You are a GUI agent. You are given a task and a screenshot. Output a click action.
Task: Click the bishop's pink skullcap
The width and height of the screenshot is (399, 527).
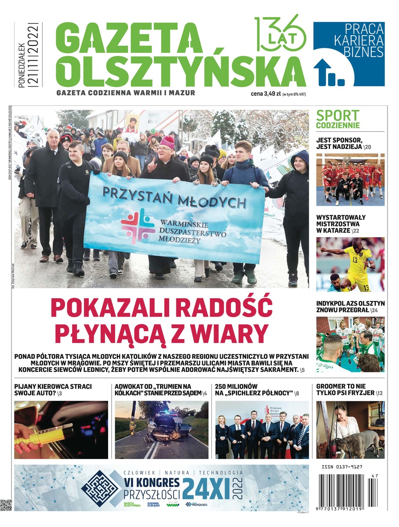(x=167, y=141)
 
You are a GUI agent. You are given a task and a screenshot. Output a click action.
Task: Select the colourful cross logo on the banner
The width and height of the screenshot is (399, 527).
(x=138, y=226)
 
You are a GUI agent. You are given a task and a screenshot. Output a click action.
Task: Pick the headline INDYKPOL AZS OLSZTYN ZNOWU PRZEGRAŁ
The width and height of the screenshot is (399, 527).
(x=350, y=307)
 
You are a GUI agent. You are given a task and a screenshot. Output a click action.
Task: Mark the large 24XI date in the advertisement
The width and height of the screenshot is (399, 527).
(x=208, y=487)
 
